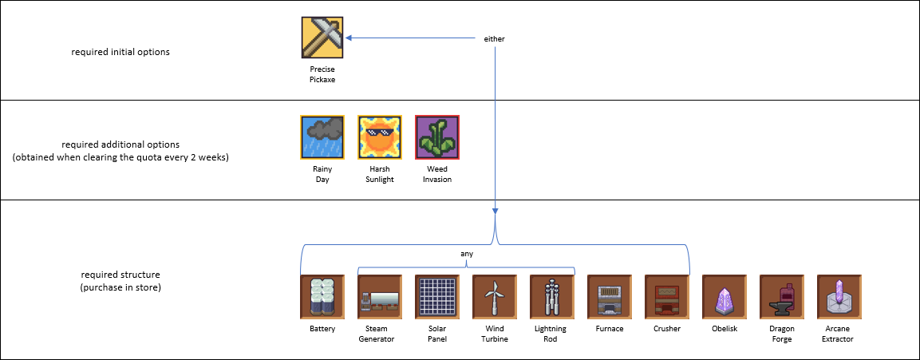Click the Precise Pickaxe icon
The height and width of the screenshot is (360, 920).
(x=322, y=38)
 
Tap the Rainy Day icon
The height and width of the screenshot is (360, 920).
(x=322, y=137)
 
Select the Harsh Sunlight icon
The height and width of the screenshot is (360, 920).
(x=380, y=137)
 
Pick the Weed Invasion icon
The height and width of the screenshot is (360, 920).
(x=437, y=137)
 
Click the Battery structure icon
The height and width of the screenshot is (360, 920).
(x=322, y=297)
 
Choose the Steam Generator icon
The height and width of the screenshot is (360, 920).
(x=380, y=297)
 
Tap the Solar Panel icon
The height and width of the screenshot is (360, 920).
(x=437, y=297)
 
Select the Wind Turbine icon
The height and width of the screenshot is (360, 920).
(x=495, y=297)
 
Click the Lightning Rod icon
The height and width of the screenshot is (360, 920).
(x=552, y=297)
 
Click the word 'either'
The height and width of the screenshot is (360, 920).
(x=495, y=39)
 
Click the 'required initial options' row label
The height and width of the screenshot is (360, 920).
(x=120, y=52)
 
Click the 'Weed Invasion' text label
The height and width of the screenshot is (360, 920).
(x=437, y=174)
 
